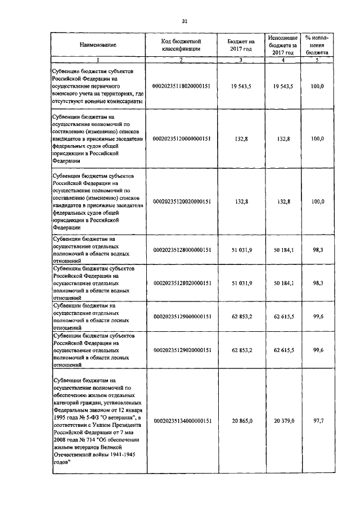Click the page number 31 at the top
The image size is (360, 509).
pyautogui.click(x=184, y=21)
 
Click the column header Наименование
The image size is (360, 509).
pyautogui.click(x=98, y=45)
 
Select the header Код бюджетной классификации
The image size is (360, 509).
pyautogui.click(x=182, y=45)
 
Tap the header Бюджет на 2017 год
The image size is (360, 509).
pyautogui.click(x=241, y=45)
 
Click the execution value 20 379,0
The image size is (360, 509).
pyautogui.click(x=283, y=420)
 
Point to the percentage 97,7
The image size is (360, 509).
pyautogui.click(x=319, y=420)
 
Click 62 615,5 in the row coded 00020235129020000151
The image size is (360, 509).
pyautogui.click(x=283, y=350)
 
